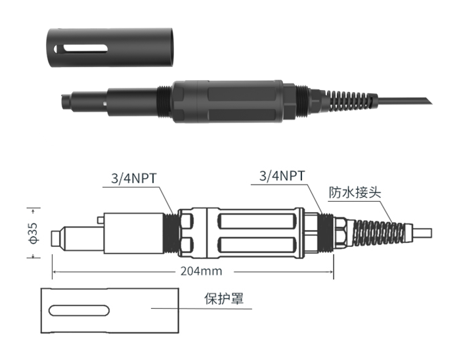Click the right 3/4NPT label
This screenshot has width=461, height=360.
point(282,175)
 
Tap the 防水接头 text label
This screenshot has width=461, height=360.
point(355,194)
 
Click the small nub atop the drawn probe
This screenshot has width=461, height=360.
point(98,218)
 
